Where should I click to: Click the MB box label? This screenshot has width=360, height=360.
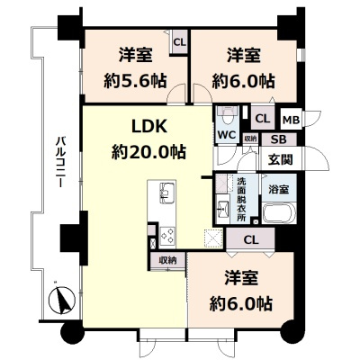click(x=291, y=119)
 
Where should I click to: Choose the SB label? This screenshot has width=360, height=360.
click(x=278, y=139)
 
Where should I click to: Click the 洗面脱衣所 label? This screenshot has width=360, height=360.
click(x=241, y=200)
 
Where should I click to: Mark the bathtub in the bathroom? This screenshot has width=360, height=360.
click(x=275, y=216)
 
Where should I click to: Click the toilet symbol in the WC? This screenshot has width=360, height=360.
click(x=227, y=117)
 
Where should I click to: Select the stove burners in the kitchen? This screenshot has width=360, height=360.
click(x=166, y=234)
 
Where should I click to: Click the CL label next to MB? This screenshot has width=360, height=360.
click(x=263, y=119)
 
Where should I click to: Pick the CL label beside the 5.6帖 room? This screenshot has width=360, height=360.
click(x=179, y=42)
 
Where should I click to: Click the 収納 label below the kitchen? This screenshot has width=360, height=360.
click(x=168, y=260)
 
